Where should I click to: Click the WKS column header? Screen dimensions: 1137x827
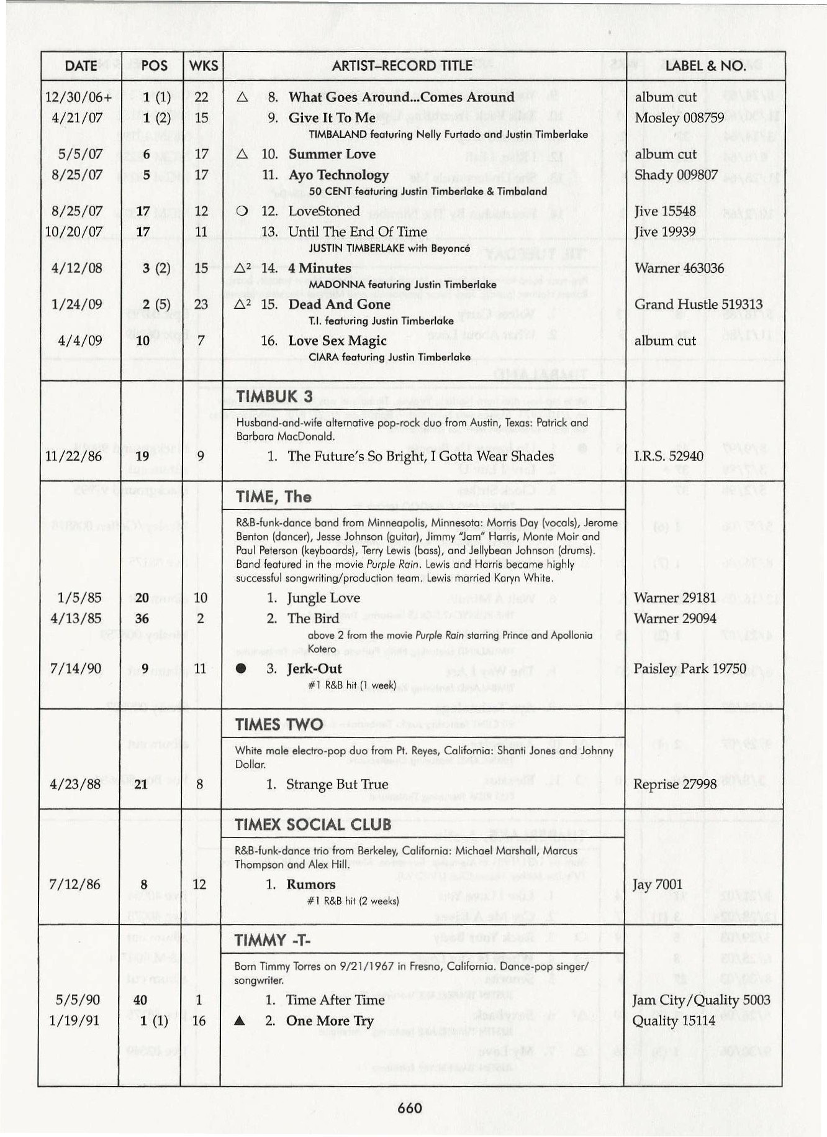pos(203,66)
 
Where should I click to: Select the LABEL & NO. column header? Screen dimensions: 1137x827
pos(705,66)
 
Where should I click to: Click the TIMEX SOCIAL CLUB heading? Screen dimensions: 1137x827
pos(313,825)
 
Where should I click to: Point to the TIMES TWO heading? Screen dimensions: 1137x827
pos(279,724)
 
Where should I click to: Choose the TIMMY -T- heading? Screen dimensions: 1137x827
pos(273,940)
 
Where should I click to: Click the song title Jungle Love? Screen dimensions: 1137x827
pos(323,598)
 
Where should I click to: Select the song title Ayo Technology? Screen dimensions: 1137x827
pos(338,175)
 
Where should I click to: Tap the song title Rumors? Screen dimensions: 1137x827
pos(310,884)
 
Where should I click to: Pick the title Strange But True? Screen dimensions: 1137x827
pos(337,784)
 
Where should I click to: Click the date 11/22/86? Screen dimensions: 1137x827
pos(75,457)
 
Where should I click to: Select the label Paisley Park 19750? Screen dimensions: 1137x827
pos(689,669)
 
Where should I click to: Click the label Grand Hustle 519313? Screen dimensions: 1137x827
pos(698,304)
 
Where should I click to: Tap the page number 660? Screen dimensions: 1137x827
pos(410,1108)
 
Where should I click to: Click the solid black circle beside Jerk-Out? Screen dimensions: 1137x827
pos(242,669)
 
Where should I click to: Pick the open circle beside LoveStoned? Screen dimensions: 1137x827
pos(243,211)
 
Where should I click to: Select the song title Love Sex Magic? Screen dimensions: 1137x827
pos(337,340)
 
